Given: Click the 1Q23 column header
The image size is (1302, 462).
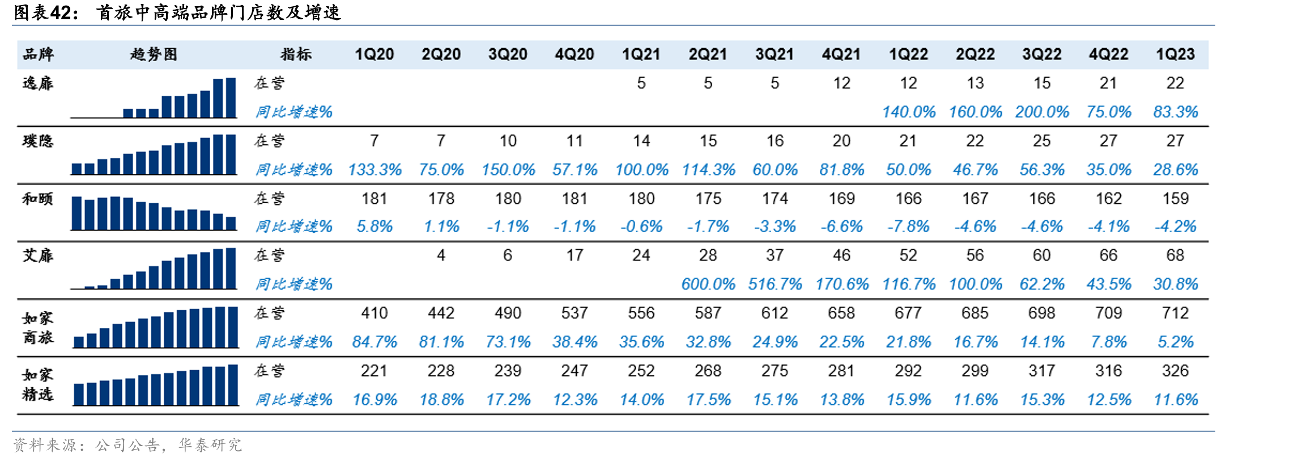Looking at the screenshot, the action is pos(1175,54).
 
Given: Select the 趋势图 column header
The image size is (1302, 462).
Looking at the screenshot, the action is pos(154,54).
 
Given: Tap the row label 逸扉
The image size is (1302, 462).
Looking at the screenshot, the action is pos(38,83).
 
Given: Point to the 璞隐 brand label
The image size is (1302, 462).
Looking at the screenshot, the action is pos(38,140).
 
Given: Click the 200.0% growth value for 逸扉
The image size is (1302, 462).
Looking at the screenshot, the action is pos(1042,112).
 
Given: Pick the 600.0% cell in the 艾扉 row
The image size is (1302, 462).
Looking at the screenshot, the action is pos(708,284).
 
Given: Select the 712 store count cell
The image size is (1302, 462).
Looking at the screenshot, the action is pos(1175,313).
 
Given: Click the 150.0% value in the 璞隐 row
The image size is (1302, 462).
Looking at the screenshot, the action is pos(508,170).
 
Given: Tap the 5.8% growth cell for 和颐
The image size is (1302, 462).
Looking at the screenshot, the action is pos(375,227).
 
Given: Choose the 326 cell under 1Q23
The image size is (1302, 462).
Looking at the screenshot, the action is pos(1175,371).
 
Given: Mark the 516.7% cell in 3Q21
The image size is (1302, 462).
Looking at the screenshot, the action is pos(775,284).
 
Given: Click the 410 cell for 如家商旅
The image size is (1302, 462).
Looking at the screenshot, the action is pos(375,313).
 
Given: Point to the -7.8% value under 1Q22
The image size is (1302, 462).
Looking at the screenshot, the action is pos(908,227).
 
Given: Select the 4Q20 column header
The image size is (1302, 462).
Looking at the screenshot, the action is pos(575,54).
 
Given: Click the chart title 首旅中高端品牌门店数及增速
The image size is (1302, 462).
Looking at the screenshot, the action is pos(219,12).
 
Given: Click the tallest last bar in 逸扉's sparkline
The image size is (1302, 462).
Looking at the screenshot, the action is pos(231,98).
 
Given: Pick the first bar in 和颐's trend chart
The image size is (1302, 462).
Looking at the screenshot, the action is pos(76,213).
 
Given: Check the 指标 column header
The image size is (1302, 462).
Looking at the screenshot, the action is pos(296,54).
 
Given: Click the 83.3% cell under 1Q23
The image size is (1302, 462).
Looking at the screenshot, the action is pos(1176,112).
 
